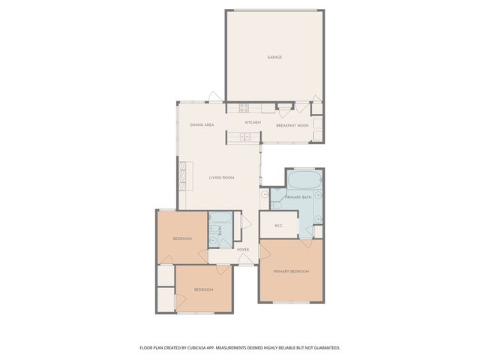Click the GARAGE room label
coord(274,57)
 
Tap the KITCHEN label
coord(253,122)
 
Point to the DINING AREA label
coord(202,124)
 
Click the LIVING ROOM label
coord(222,178)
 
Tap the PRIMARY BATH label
coord(298,196)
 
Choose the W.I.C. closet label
coord(277,225)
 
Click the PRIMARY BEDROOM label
coord(291,271)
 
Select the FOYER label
coord(242,249)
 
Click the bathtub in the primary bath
coord(304,181)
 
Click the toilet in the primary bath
coord(276,204)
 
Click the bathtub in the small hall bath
coord(220,220)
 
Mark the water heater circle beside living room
coord(265,193)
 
